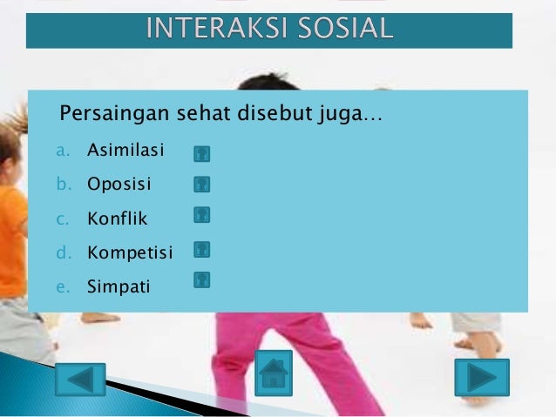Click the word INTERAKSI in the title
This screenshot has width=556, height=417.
click(x=206, y=29)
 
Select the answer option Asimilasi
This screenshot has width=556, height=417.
click(x=125, y=151)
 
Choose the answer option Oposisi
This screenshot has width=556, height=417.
click(x=119, y=185)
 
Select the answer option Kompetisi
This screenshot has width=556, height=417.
click(x=130, y=252)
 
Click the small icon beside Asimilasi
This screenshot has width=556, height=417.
click(x=202, y=154)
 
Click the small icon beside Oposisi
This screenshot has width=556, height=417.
click(x=202, y=184)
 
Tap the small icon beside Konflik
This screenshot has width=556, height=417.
click(x=202, y=214)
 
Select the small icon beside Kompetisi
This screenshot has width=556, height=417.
click(x=202, y=250)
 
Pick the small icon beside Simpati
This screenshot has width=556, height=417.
click(x=202, y=279)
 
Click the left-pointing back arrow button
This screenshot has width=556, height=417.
click(x=80, y=380)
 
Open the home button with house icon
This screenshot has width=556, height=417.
click(x=274, y=373)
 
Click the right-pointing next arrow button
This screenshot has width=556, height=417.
click(x=481, y=377)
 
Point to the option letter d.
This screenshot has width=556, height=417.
click(x=63, y=252)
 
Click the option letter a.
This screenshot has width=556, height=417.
click(x=63, y=151)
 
